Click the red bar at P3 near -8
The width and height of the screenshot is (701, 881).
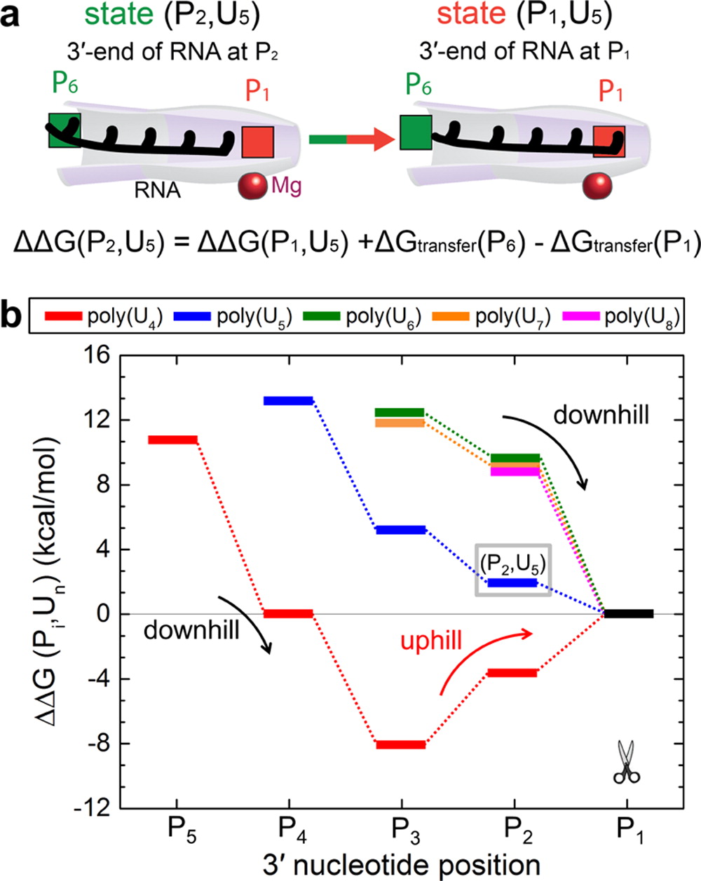pyautogui.click(x=401, y=744)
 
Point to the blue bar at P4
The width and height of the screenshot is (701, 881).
pyautogui.click(x=287, y=400)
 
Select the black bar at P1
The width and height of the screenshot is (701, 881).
pyautogui.click(x=629, y=614)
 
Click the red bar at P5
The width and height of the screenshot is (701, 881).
pyautogui.click(x=172, y=439)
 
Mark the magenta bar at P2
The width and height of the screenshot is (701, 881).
pyautogui.click(x=515, y=472)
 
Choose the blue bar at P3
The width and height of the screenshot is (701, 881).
pyautogui.click(x=401, y=530)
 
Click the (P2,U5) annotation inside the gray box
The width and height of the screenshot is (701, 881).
pyautogui.click(x=513, y=565)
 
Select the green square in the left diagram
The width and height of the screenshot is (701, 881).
pyautogui.click(x=64, y=130)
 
